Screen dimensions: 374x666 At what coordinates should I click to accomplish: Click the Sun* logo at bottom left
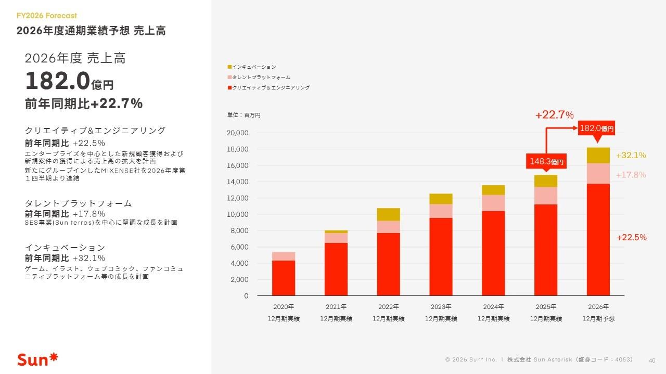click(x=38, y=359)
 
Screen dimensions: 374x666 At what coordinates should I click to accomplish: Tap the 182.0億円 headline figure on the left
click(x=69, y=82)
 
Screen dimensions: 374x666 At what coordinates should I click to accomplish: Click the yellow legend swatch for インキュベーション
click(x=229, y=67)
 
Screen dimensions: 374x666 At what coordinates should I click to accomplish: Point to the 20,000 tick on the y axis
click(x=237, y=133)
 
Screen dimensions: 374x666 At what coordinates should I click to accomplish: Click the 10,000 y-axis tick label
click(x=237, y=214)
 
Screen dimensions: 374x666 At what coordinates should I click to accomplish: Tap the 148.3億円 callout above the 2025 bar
click(x=546, y=162)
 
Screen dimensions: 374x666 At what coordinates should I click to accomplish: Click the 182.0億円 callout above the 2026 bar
click(x=596, y=128)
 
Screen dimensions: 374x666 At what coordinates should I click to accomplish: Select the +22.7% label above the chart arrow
click(x=554, y=115)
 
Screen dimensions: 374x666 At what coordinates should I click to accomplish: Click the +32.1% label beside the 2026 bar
click(x=631, y=156)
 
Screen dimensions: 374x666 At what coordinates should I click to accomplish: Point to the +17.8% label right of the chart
click(x=631, y=175)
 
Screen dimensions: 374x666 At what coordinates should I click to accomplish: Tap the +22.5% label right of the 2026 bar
click(x=631, y=238)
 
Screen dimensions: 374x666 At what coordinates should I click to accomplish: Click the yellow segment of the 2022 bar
click(x=389, y=214)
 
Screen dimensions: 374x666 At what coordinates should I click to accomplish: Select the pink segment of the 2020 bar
click(x=284, y=256)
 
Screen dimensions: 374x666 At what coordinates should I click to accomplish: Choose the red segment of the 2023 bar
click(x=441, y=256)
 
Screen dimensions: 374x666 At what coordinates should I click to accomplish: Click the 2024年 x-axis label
click(x=493, y=306)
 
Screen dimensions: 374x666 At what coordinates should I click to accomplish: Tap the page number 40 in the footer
click(x=651, y=359)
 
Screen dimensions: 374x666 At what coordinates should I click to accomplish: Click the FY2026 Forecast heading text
click(x=47, y=16)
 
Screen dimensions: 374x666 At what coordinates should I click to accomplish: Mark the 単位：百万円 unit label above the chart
click(x=244, y=115)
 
